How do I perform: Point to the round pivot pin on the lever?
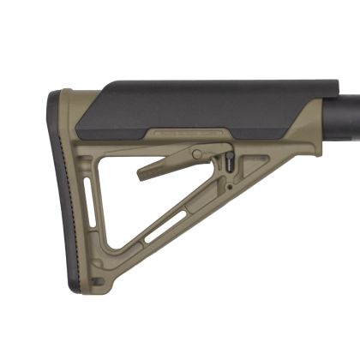pyautogui.click(x=197, y=155)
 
